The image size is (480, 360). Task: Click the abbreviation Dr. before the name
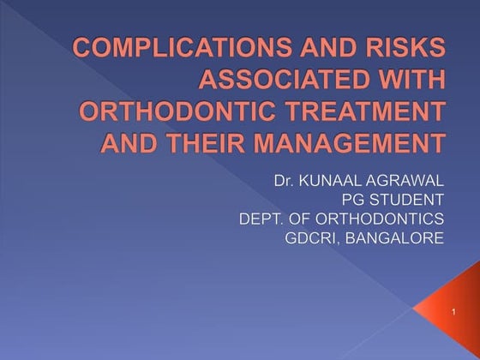click(x=287, y=181)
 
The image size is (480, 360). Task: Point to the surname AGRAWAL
click(x=410, y=181)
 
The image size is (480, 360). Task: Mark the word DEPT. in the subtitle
click(x=263, y=219)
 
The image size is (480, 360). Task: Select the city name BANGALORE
click(x=399, y=237)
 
